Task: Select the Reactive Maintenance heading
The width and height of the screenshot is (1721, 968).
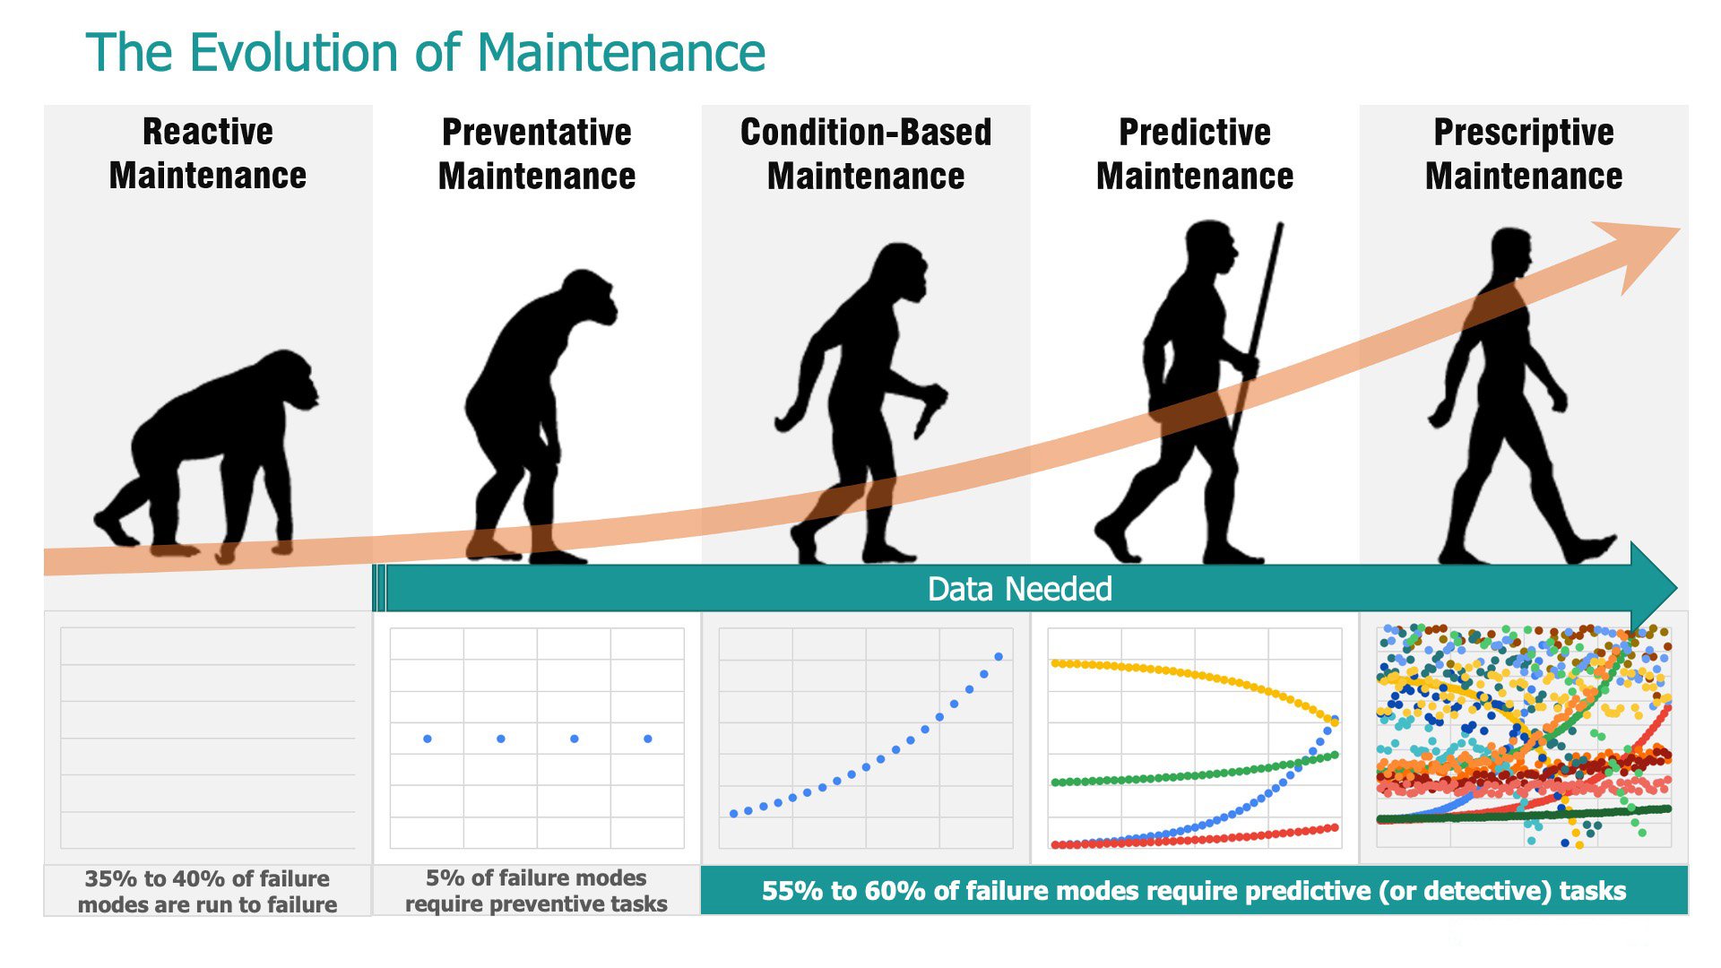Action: [x=208, y=154]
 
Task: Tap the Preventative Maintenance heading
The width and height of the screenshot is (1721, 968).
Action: [x=537, y=154]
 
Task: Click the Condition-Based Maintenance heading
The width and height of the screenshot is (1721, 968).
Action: [x=866, y=154]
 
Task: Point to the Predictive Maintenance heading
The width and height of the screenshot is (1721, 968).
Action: [x=1195, y=154]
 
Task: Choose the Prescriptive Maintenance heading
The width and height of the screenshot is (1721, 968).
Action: [x=1524, y=154]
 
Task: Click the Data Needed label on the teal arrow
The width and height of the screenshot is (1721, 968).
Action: [x=1019, y=589]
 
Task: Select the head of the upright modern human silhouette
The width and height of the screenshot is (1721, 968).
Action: [x=1511, y=251]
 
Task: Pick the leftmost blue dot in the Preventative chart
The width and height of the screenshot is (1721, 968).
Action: [x=428, y=739]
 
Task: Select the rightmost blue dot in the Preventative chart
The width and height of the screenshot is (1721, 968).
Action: [x=648, y=739]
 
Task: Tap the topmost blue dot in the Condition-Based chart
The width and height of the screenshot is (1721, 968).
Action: [x=999, y=657]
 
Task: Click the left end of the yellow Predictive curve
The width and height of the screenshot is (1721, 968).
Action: [x=1056, y=663]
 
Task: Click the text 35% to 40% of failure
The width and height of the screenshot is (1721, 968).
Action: [x=207, y=878]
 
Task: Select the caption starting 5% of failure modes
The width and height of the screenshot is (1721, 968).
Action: [x=536, y=890]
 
